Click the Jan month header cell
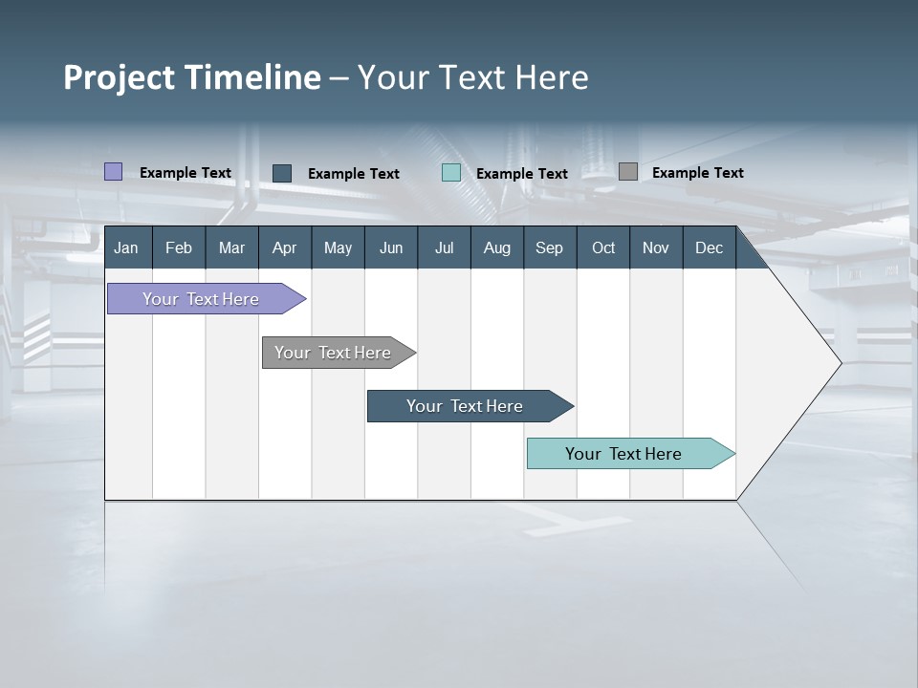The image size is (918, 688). point(127,248)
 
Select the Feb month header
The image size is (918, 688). point(179,248)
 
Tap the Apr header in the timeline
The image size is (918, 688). point(284,248)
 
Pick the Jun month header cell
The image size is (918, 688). point(391,248)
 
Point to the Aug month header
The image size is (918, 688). point(496,248)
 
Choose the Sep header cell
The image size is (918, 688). point(549,248)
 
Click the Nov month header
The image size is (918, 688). point(655,248)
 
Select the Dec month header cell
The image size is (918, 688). point(709,248)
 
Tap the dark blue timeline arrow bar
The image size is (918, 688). point(466,406)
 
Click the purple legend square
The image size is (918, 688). point(113,172)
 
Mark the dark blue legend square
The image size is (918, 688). point(282,173)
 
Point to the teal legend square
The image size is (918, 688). point(451,173)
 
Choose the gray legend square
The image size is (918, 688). point(628,172)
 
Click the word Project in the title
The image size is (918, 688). point(118,77)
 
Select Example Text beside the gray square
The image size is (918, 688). point(697,173)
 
